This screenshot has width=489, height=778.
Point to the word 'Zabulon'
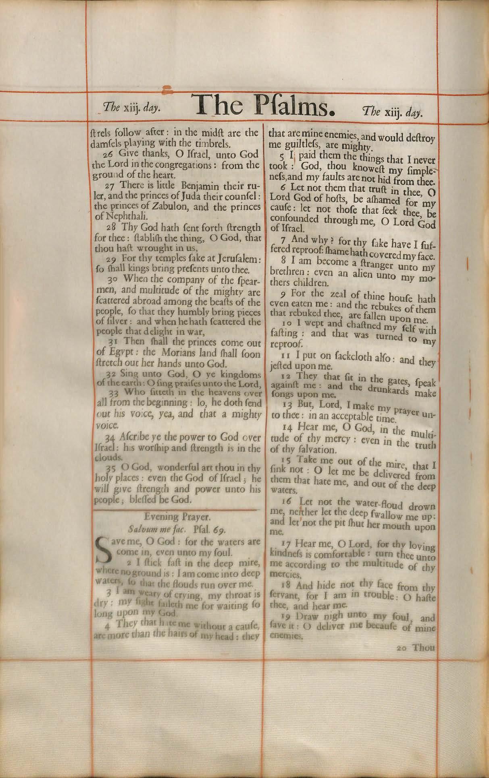coord(157,207)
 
